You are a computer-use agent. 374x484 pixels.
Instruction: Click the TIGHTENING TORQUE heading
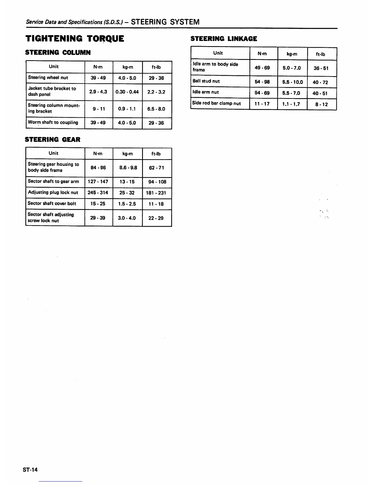[75, 38]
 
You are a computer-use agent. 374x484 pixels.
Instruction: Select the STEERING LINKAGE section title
[224, 38]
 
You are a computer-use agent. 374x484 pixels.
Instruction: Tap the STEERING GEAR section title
[53, 140]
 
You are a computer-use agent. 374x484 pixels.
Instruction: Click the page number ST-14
[30, 470]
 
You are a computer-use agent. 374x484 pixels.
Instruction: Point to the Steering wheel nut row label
[48, 78]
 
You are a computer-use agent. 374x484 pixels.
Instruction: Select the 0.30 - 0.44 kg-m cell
[127, 92]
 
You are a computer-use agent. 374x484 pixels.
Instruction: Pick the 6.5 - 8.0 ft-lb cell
[156, 109]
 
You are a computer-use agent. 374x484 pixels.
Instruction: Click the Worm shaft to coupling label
[53, 123]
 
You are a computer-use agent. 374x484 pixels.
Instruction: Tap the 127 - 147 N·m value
[98, 182]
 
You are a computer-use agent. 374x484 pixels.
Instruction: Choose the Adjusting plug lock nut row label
[53, 193]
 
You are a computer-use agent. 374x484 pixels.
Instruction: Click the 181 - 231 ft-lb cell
[156, 193]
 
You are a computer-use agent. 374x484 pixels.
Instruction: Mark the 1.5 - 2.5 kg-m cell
[127, 204]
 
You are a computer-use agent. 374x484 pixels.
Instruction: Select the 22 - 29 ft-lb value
[156, 218]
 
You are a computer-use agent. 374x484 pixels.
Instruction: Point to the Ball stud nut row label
[206, 81]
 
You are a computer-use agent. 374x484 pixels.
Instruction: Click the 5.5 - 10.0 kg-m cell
[292, 82]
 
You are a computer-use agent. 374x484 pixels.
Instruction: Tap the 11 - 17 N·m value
[262, 104]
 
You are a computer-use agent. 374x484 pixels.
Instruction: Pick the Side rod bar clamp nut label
[216, 103]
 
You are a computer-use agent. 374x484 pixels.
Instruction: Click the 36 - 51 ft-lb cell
[321, 68]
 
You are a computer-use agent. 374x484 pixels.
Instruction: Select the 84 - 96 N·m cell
[98, 167]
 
